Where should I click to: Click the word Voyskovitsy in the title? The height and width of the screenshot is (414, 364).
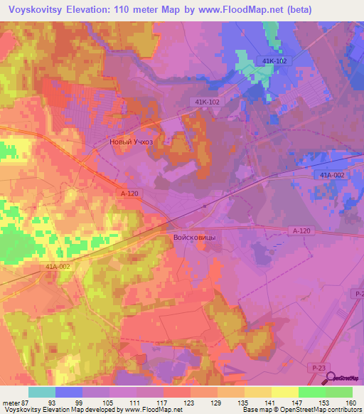[x=36, y=9]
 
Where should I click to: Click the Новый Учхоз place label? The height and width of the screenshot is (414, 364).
[x=131, y=142]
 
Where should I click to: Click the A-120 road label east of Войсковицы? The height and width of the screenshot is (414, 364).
[x=302, y=231]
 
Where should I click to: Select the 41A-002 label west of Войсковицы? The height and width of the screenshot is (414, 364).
[x=59, y=266]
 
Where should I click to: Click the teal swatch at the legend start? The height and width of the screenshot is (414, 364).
[x=42, y=391]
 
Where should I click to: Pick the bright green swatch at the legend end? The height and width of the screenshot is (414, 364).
[x=339, y=391]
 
